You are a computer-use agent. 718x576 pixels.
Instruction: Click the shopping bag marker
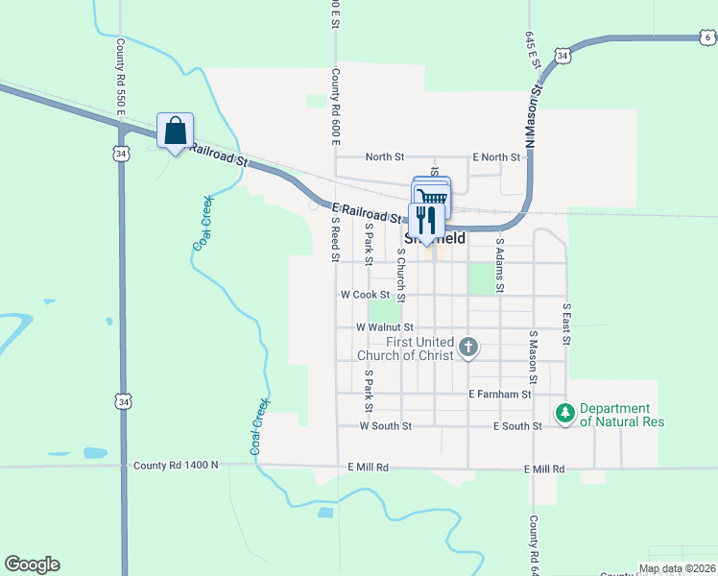(x=175, y=131)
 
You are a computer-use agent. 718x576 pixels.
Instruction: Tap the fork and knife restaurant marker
(x=426, y=221)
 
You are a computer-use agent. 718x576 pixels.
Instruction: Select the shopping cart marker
(x=432, y=197)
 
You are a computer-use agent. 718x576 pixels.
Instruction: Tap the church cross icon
(x=468, y=347)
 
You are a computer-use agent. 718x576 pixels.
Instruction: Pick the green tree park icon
(x=565, y=414)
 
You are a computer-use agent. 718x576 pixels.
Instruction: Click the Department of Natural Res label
(x=621, y=415)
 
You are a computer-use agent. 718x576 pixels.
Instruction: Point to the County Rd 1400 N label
(x=176, y=465)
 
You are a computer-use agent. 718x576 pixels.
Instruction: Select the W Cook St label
(x=365, y=295)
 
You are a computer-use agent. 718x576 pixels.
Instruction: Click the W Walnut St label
(x=384, y=327)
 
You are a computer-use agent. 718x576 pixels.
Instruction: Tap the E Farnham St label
(x=500, y=394)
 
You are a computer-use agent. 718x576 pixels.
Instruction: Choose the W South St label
(x=385, y=425)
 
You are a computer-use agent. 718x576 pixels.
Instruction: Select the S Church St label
(x=401, y=275)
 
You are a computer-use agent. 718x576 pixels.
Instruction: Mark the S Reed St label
(x=336, y=238)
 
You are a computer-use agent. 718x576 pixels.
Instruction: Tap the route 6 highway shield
(x=706, y=37)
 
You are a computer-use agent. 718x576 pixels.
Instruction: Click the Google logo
(x=32, y=564)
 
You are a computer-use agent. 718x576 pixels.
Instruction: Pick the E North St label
(x=496, y=157)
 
